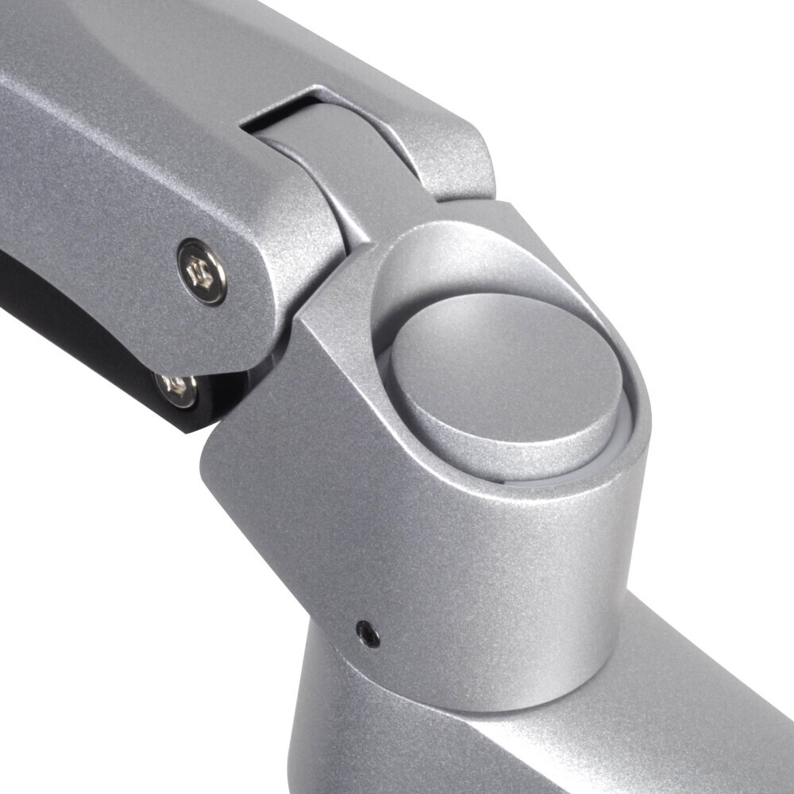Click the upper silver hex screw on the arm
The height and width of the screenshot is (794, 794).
[x=202, y=272]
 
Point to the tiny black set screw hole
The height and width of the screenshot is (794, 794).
[x=367, y=633]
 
